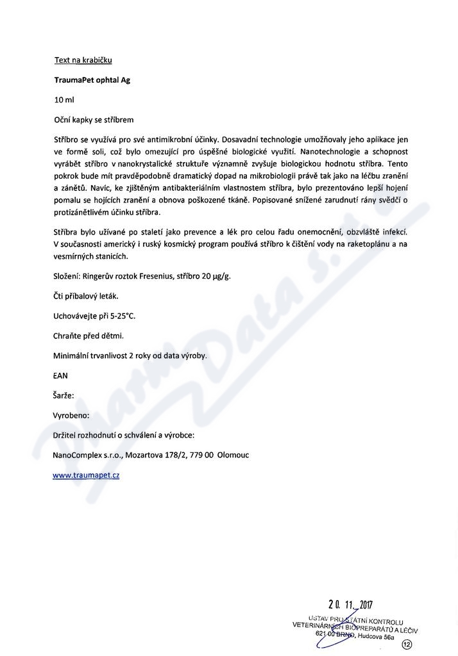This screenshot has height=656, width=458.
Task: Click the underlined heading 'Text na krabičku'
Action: click(83, 61)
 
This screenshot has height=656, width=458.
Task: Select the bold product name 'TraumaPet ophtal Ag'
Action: click(92, 81)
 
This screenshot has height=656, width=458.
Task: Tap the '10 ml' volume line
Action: click(65, 101)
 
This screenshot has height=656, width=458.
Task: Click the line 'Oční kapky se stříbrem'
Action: click(94, 120)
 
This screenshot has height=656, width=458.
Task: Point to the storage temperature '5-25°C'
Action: click(123, 316)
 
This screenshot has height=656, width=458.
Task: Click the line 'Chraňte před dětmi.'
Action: click(88, 336)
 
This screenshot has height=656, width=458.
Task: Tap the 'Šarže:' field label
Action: click(64, 395)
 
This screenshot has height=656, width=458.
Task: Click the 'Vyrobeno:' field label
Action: click(71, 415)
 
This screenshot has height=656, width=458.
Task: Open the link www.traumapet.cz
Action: click(86, 475)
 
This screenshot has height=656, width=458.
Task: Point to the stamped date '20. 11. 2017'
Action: click(350, 604)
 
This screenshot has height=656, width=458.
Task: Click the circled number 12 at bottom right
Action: click(406, 644)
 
